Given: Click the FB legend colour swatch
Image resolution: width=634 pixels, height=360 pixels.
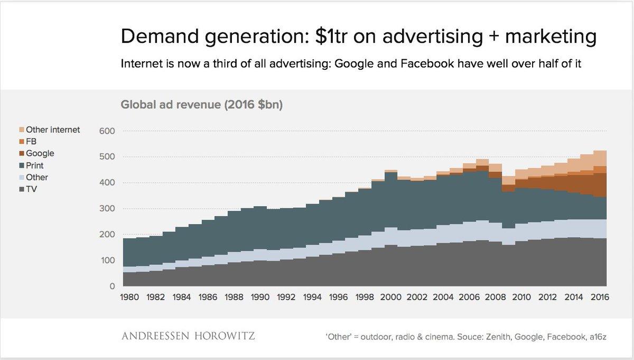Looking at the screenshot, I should pos(21,142).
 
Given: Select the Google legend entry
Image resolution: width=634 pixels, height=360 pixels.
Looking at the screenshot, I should pos(40,153).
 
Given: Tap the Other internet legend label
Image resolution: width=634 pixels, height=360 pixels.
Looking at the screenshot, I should pos(53,130).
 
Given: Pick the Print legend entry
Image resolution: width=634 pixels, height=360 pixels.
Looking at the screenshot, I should pos(36,165).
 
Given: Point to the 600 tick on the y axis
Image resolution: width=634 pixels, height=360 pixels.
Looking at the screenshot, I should pos(108,131).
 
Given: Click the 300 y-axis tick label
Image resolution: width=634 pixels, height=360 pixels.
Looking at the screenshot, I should pos(108,209).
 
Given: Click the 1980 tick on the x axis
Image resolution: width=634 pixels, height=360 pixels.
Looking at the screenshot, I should pos(130,298).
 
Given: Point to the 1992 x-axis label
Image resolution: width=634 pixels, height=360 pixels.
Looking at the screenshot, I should pos(287,298).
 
